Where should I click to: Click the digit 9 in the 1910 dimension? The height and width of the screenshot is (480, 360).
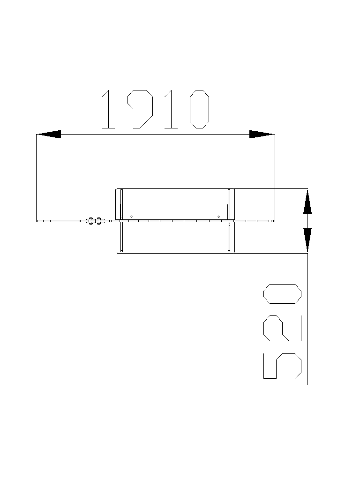coord(140,109)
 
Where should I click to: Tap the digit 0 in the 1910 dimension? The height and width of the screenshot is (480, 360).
coord(200,109)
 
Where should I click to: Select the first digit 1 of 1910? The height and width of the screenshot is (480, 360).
coord(108,109)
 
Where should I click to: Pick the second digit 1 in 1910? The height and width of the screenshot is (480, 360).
coord(171,109)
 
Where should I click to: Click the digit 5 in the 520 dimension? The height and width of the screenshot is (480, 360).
coord(282,366)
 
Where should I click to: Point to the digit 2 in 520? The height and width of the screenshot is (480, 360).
coord(282,328)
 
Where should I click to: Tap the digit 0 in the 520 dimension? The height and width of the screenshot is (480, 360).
coord(282,294)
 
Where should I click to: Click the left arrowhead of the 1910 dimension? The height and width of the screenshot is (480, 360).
coord(49,134)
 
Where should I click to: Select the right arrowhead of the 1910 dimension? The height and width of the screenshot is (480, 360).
coord(262,134)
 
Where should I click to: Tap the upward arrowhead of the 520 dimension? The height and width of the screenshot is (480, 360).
coord(307,202)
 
